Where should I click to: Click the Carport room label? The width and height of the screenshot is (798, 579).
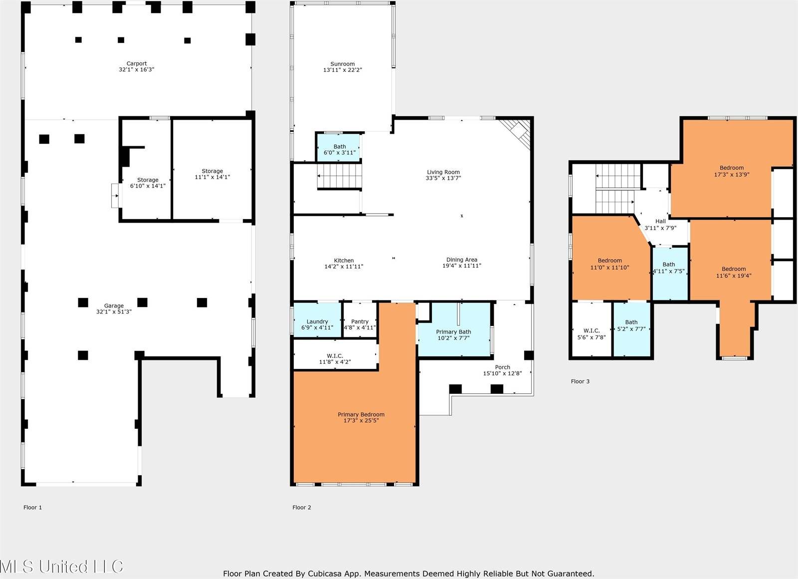(x=137, y=63)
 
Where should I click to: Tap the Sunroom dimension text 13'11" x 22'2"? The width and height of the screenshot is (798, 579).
(x=342, y=70)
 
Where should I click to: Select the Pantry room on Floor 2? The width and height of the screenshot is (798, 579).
(x=360, y=319)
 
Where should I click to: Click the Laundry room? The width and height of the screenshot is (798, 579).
(x=317, y=319)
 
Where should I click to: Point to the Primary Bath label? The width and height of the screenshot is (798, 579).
(x=453, y=331)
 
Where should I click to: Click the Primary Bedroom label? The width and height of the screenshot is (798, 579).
(x=361, y=414)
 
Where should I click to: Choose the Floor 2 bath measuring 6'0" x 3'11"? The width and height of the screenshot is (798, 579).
(x=339, y=148)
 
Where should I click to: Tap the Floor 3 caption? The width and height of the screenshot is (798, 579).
(x=580, y=381)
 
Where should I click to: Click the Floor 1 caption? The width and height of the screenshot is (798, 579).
(x=32, y=507)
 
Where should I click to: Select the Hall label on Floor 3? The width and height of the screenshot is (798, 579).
(x=660, y=221)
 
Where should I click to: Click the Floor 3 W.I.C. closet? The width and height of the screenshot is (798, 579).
(x=592, y=329)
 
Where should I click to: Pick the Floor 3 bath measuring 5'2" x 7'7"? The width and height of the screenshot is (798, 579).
(x=631, y=329)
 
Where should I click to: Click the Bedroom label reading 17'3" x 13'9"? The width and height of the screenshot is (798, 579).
(x=731, y=168)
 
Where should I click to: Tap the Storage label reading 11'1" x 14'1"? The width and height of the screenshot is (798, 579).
(x=212, y=171)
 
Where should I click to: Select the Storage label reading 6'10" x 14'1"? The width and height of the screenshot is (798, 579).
(x=148, y=180)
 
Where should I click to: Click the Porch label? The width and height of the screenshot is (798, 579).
(x=502, y=367)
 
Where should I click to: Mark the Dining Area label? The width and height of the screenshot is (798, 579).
(x=462, y=260)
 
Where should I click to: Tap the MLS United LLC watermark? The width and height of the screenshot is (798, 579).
(x=62, y=566)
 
